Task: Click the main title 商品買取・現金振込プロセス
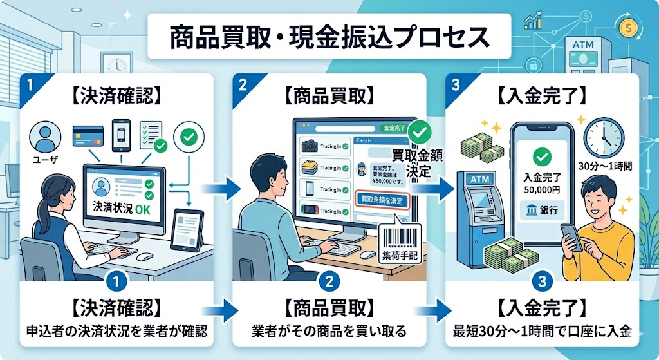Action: click(x=329, y=37)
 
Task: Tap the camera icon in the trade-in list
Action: click(x=308, y=146)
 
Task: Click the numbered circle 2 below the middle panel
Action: click(x=329, y=281)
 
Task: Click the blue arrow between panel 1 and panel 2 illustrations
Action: click(x=219, y=189)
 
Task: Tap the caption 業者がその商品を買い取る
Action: click(x=329, y=332)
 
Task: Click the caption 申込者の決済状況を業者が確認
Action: click(x=113, y=332)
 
